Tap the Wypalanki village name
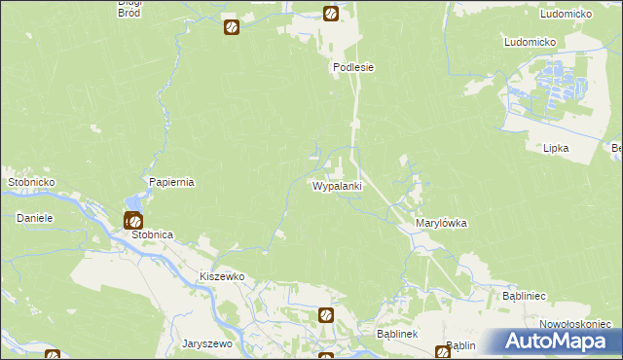click(337, 185)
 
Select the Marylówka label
click(441, 223)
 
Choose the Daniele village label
click(34, 218)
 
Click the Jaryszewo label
click(206, 343)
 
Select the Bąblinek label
click(396, 334)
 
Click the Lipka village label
click(556, 148)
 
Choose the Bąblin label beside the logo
click(460, 345)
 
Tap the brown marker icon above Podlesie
click(331, 15)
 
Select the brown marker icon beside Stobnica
click(133, 221)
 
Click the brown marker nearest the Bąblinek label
click(326, 315)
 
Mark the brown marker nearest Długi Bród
click(231, 27)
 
